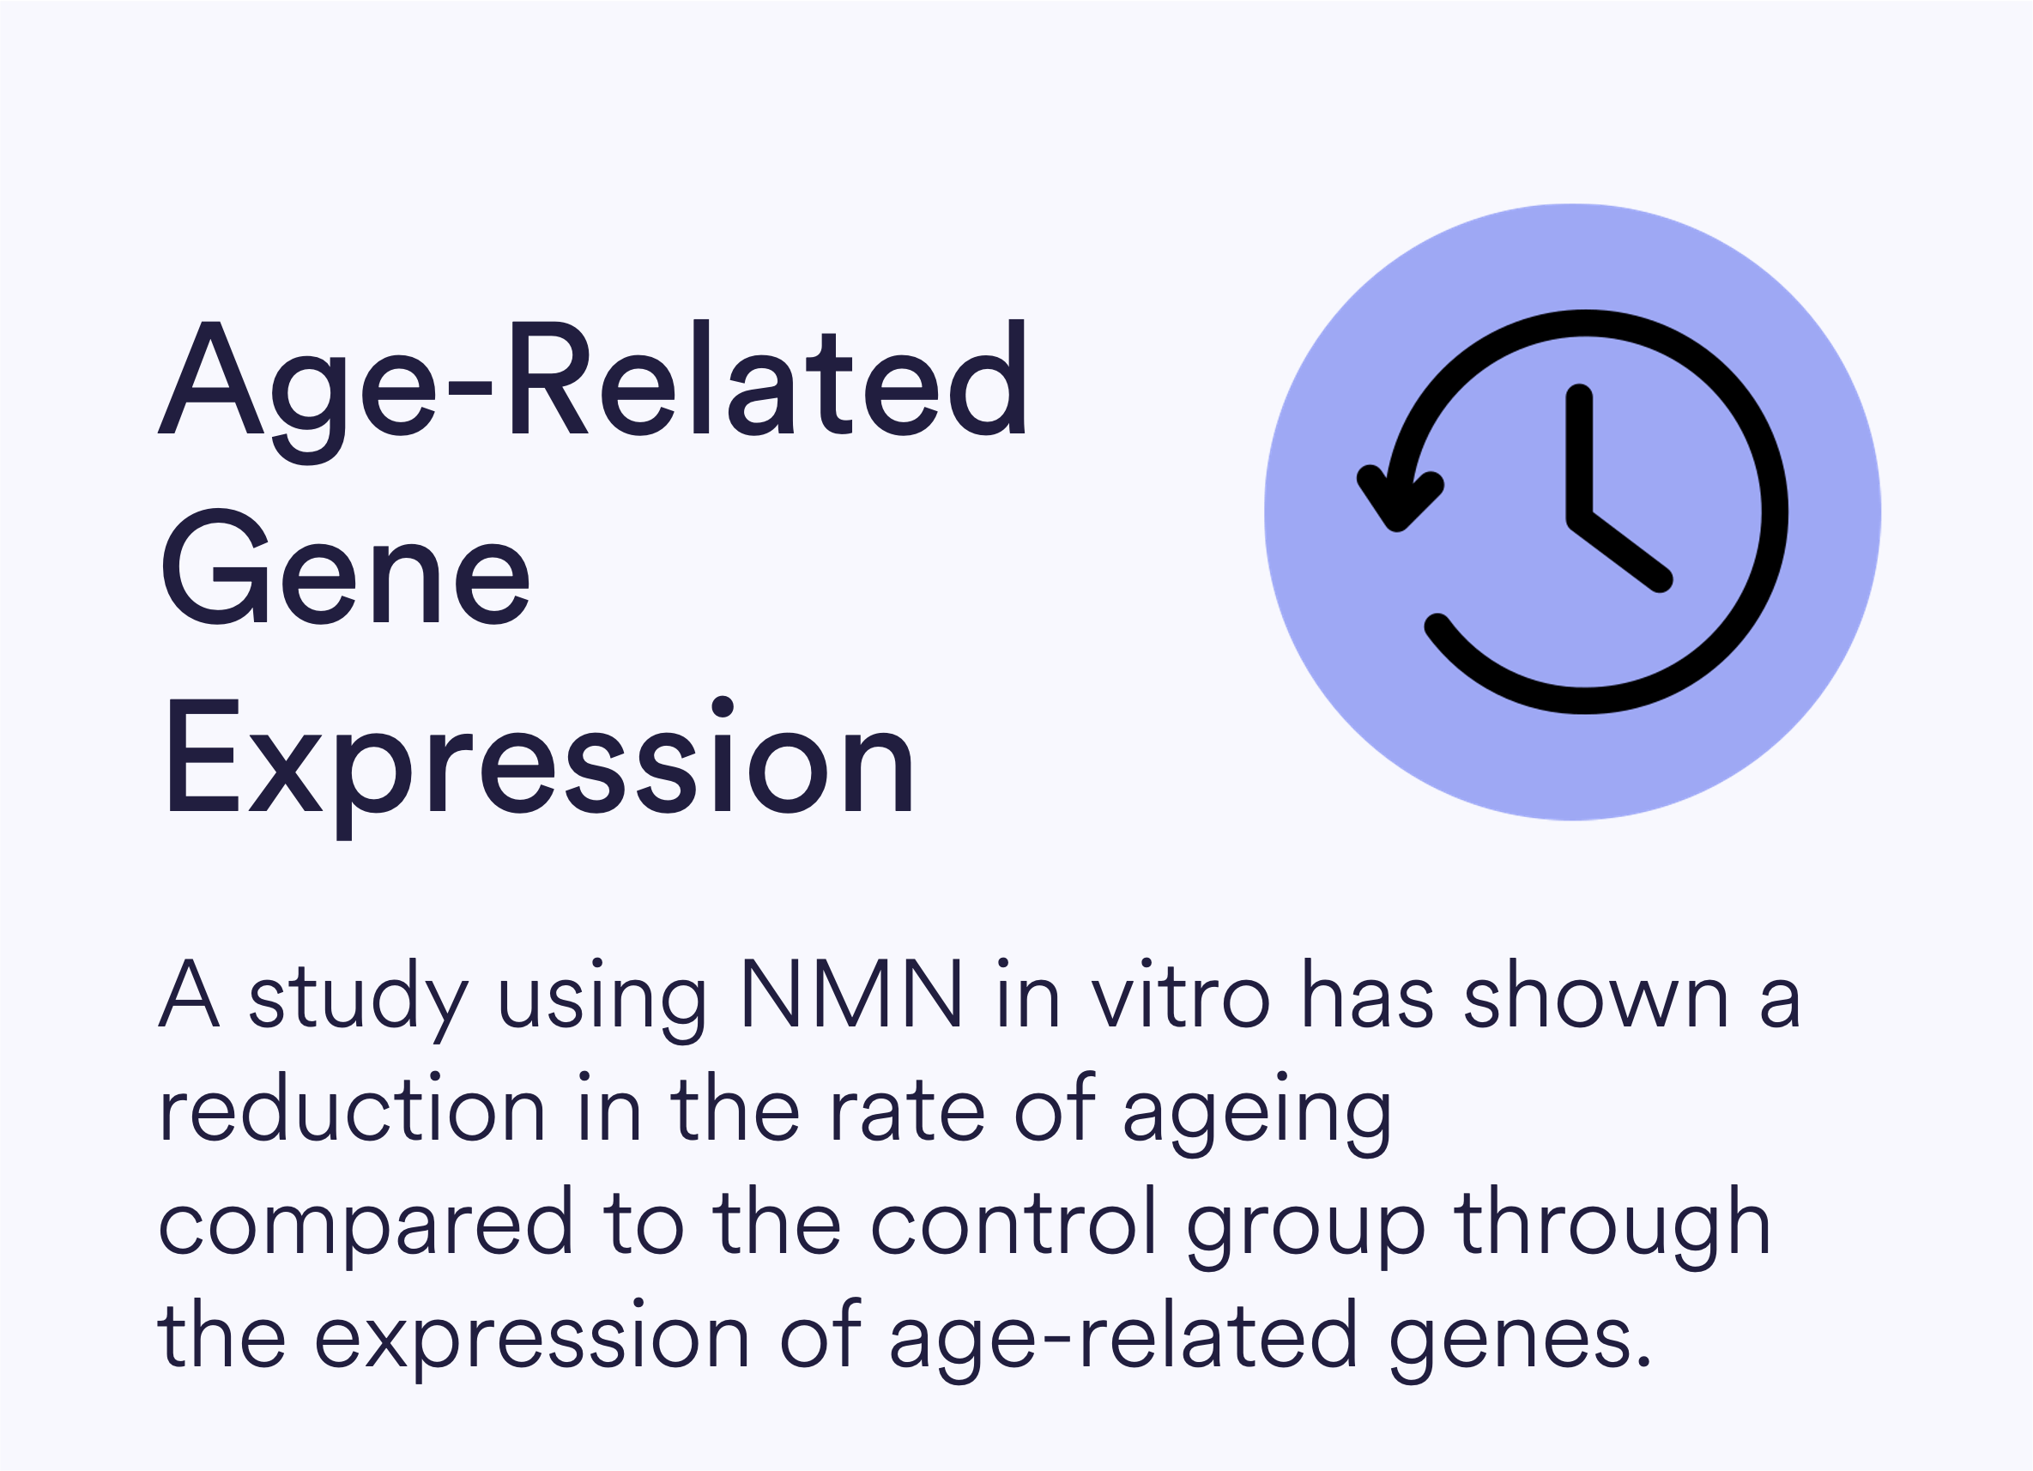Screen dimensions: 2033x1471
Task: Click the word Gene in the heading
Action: click(x=346, y=566)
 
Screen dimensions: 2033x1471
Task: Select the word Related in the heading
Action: click(x=769, y=378)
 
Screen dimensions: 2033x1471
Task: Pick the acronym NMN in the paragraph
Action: click(x=850, y=994)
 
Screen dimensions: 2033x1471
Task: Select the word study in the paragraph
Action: click(x=358, y=1001)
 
